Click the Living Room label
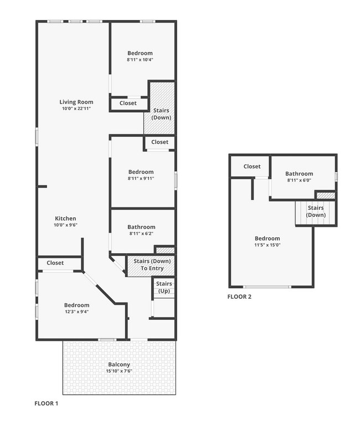76,102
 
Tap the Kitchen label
65,219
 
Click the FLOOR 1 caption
46,403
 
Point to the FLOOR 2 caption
239,297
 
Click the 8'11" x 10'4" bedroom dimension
140,60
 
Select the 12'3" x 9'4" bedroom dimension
76,311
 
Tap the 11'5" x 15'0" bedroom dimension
267,245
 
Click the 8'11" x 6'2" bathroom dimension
141,233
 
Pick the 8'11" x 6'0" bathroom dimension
300,180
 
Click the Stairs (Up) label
164,287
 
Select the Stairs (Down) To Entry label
152,264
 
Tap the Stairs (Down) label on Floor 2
316,211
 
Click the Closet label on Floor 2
252,167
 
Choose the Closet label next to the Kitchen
55,263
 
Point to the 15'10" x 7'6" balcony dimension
119,371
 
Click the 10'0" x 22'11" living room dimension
76,108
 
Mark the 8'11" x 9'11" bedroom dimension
140,179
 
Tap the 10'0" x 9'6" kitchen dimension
65,225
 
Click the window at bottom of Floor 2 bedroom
268,287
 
